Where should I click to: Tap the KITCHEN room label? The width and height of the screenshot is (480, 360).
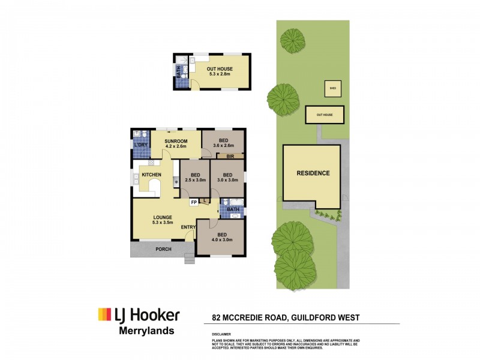151,175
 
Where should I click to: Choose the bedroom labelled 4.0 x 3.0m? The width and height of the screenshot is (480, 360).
222,238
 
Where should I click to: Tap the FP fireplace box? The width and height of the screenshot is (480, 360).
194,203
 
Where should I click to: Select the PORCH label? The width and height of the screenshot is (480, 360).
163,250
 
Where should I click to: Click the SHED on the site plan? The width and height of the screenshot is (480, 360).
331,88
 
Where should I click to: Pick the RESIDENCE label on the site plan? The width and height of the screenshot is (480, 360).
313,173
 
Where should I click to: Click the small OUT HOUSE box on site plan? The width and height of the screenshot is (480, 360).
324,114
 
